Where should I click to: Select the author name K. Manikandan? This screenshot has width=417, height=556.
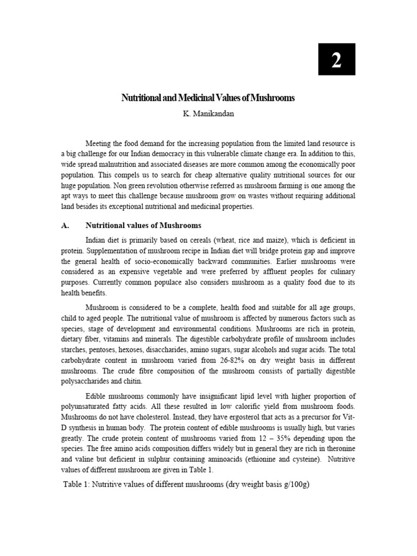tap(208, 114)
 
